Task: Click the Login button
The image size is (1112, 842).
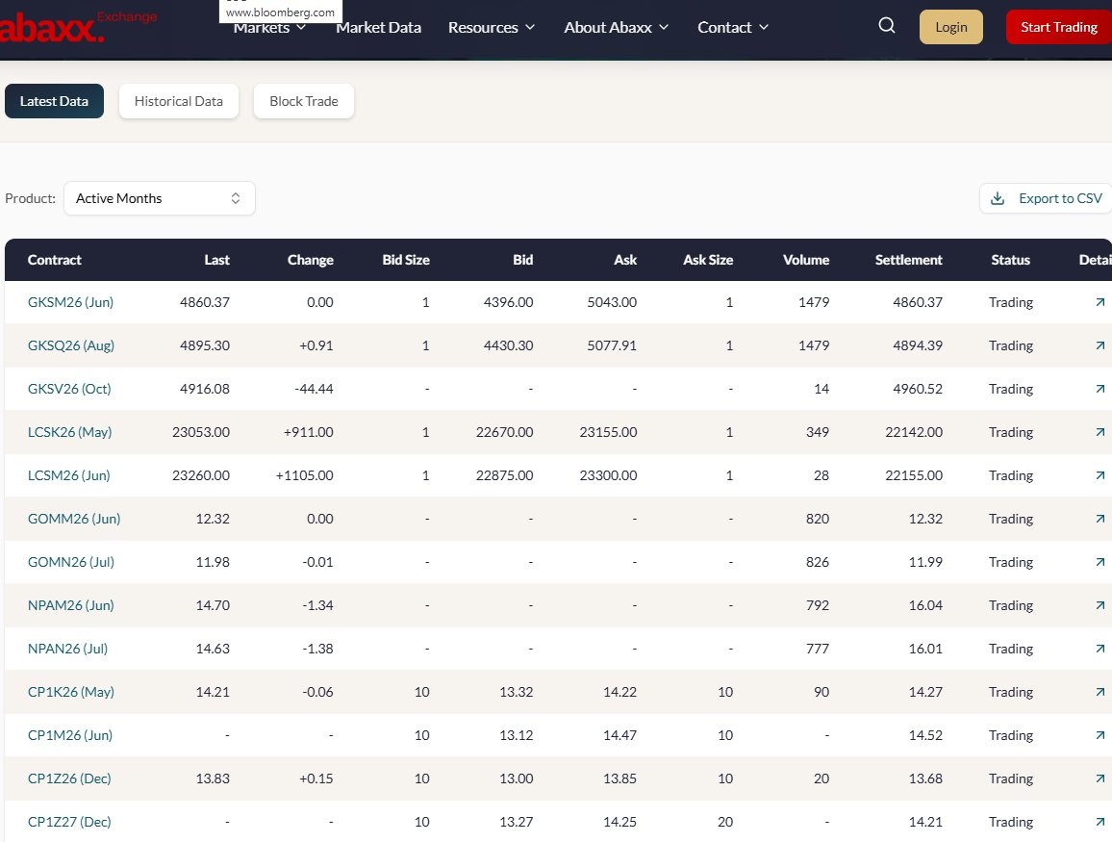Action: [x=950, y=27]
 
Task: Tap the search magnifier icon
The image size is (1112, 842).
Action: [x=887, y=26]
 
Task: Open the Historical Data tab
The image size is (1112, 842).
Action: [x=178, y=101]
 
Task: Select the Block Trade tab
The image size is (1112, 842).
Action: [x=304, y=101]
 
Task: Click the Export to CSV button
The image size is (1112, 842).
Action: [x=1047, y=198]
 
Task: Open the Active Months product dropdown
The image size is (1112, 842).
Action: [x=159, y=198]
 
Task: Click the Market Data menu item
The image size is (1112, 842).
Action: [x=378, y=27]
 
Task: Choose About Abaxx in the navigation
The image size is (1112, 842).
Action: [x=617, y=27]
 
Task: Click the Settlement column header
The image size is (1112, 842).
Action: [x=908, y=260]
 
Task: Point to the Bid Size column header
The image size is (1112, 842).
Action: [x=406, y=260]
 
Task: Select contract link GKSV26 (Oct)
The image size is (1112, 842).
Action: [x=69, y=389]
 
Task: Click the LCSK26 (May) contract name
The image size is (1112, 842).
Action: [x=69, y=432]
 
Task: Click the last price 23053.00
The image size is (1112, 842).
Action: [x=200, y=432]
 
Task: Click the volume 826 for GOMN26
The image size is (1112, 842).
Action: [x=818, y=562]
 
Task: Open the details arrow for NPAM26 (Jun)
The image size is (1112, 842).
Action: [x=1099, y=605]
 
